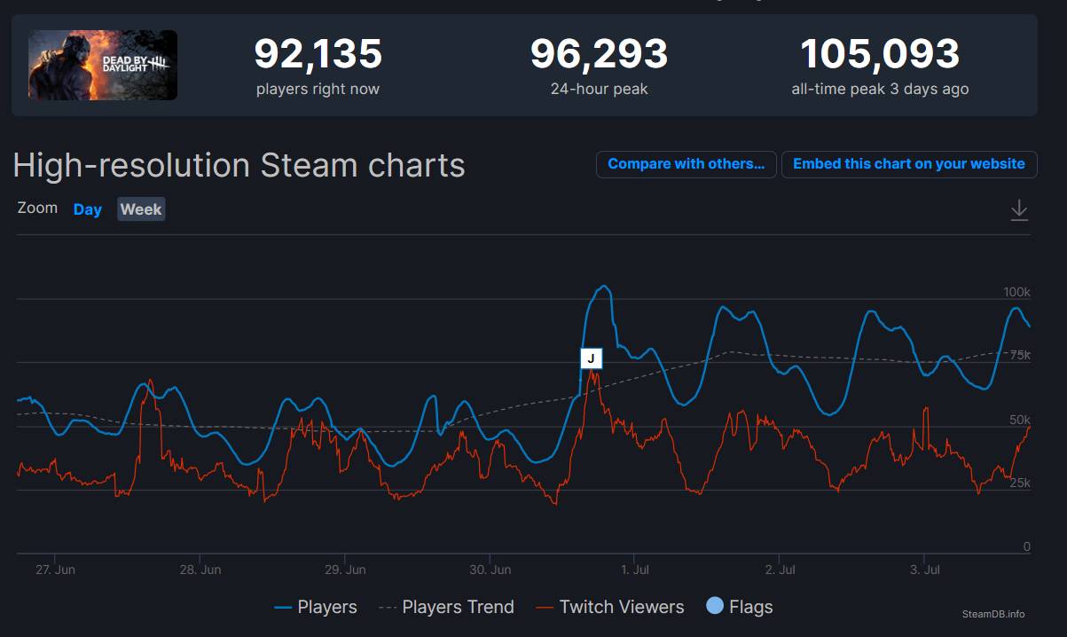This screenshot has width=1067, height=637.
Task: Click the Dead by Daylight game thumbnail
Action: tap(103, 65)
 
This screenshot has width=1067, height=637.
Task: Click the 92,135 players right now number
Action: tap(318, 54)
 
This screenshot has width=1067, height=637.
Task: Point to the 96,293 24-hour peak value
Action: tap(599, 54)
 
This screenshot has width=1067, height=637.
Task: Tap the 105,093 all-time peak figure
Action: tap(880, 54)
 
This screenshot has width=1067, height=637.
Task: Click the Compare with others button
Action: tap(686, 164)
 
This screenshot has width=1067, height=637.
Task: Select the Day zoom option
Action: tap(87, 209)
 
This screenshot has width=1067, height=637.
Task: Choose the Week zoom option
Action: tap(141, 209)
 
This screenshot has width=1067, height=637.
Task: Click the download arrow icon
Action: tap(1019, 210)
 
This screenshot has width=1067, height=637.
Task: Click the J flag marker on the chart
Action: tap(591, 358)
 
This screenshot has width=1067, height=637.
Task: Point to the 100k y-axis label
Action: tap(1016, 292)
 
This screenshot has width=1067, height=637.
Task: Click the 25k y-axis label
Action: tap(1020, 483)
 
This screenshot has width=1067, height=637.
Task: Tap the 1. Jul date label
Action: tap(634, 569)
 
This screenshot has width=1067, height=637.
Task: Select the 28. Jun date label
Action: tap(200, 569)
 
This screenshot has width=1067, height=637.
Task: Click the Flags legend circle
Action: tap(715, 606)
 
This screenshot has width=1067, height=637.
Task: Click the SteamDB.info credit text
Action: tap(992, 614)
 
